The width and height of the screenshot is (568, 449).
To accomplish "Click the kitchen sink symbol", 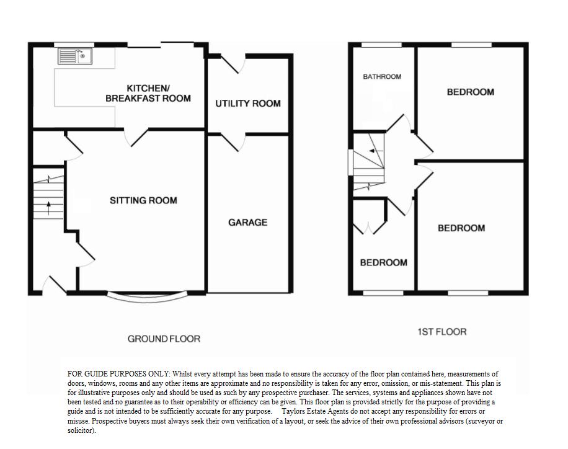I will tap(75, 57).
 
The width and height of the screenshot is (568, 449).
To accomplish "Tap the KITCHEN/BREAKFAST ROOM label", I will tap(148, 94).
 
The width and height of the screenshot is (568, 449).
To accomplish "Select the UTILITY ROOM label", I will tap(248, 104).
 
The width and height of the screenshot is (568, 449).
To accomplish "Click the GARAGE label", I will tap(248, 222).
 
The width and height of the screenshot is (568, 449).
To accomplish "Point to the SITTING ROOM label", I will tap(143, 200).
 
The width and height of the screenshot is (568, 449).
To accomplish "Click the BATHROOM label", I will tap(382, 77).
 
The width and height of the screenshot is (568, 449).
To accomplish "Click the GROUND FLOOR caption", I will tap(164, 339).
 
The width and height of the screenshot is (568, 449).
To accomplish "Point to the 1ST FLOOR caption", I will tap(442, 332).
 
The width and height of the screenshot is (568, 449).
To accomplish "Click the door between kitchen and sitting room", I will tap(138, 138).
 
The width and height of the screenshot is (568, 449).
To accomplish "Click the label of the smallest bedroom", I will tap(384, 262).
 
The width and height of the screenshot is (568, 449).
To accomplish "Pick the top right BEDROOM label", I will tap(471, 92).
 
